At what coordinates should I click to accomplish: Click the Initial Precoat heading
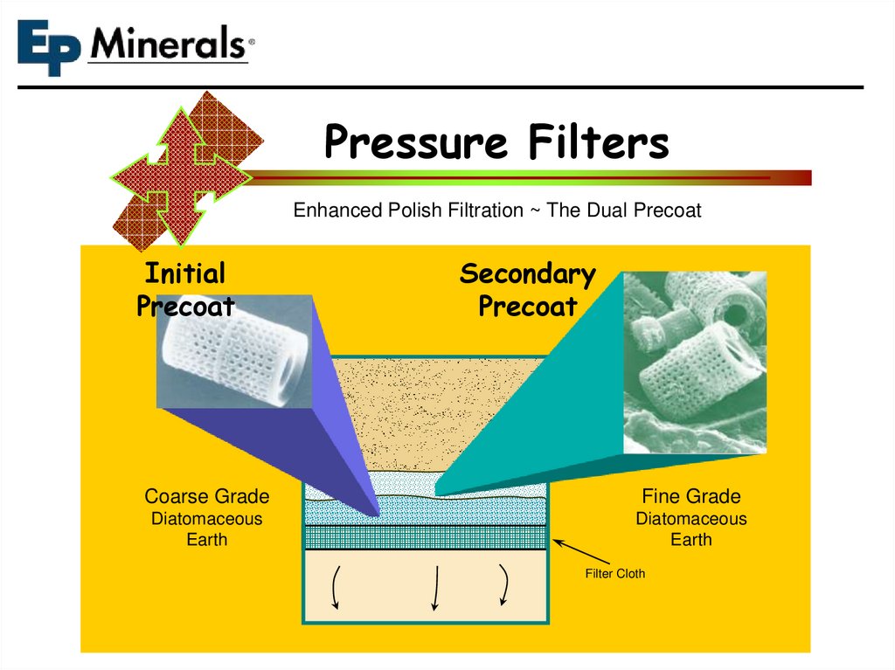[185, 289]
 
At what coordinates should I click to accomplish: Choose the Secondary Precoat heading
[527, 289]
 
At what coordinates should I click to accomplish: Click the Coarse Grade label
[206, 497]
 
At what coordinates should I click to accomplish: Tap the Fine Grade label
[690, 497]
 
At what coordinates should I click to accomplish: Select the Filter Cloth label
[614, 574]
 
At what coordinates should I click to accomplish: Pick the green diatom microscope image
[695, 362]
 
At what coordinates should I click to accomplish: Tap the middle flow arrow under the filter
[435, 586]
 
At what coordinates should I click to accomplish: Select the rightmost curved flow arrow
[504, 584]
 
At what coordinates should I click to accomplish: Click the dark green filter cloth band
[426, 536]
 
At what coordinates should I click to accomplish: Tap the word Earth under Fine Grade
[690, 540]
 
